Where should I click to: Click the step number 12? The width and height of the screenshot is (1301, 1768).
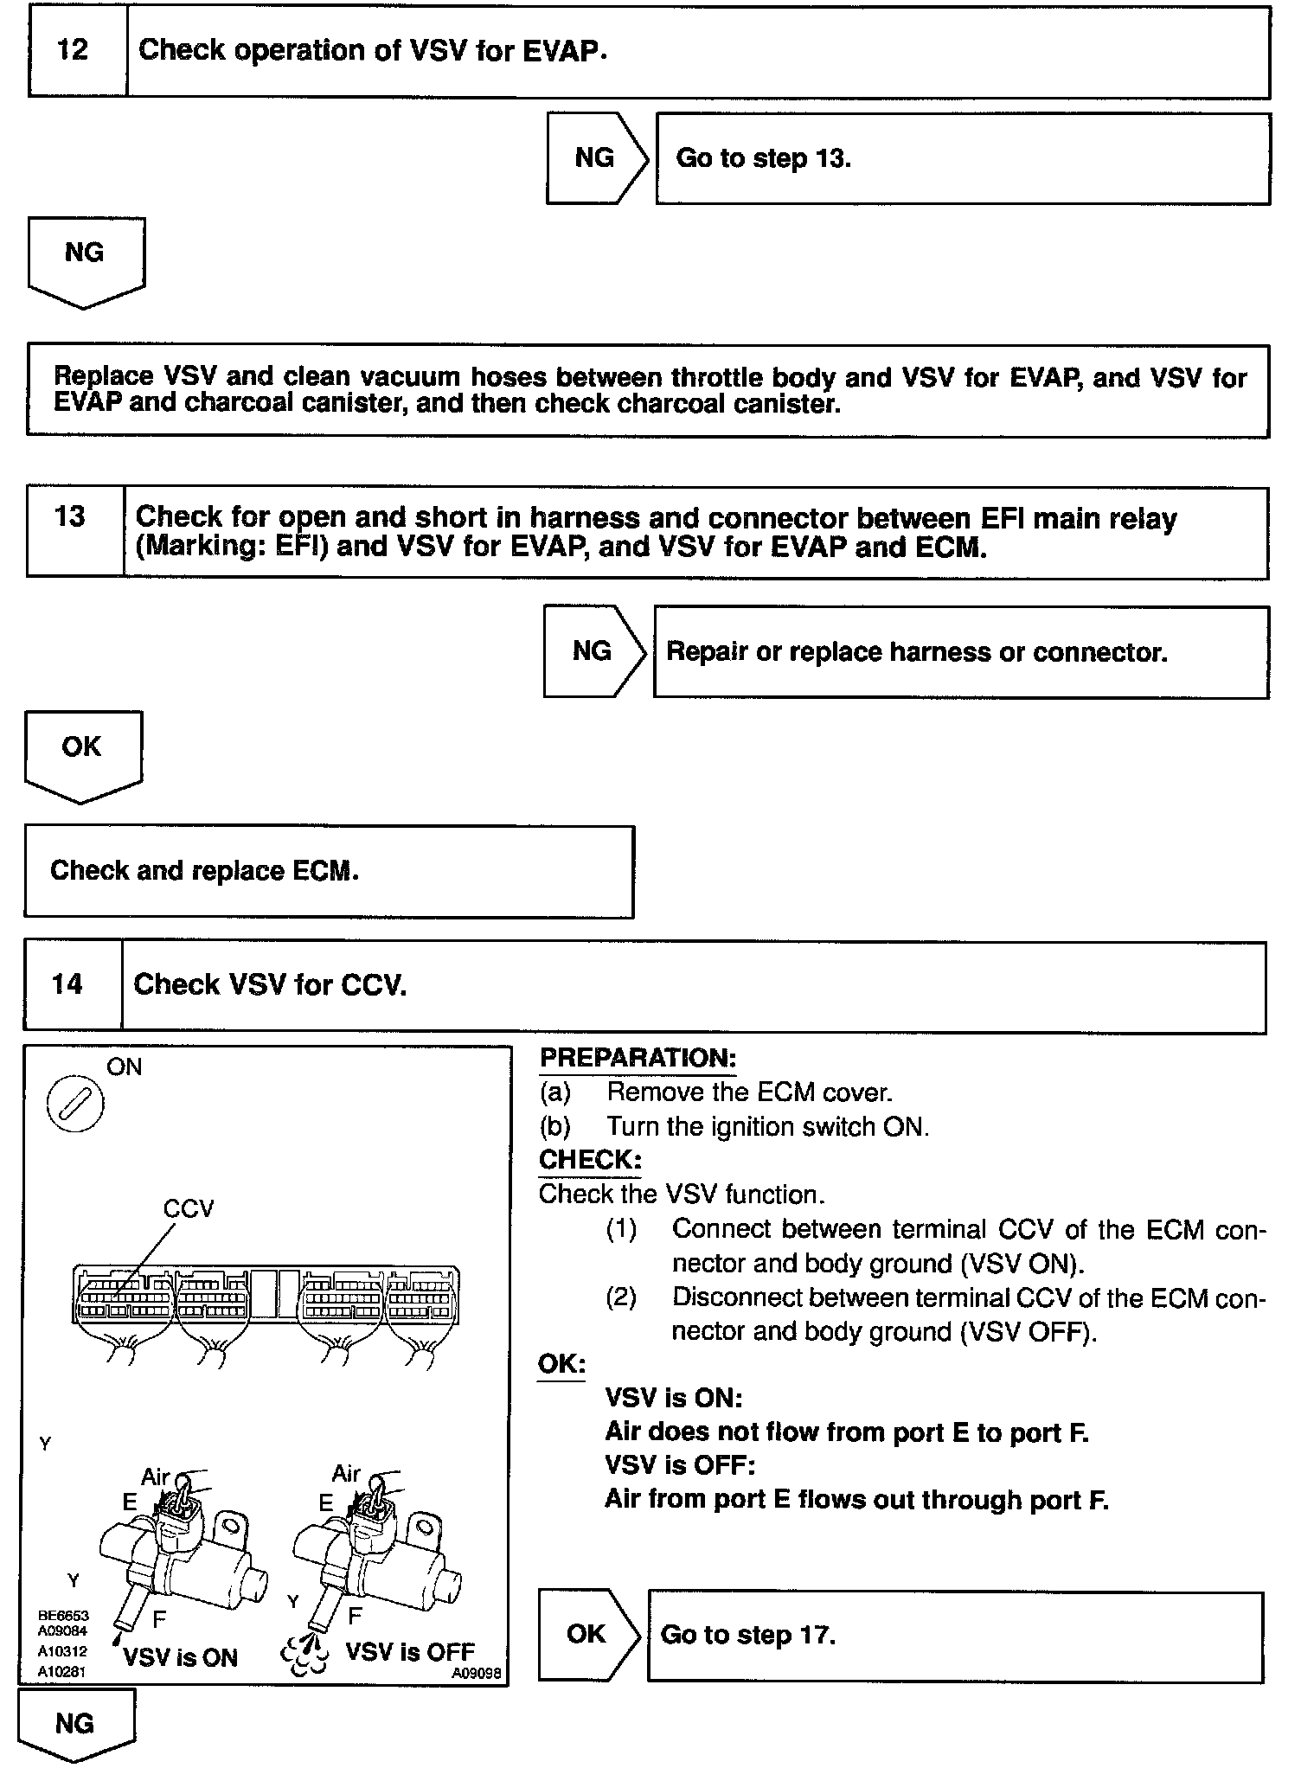pos(73,50)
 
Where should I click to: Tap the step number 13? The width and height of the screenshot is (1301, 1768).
pos(70,517)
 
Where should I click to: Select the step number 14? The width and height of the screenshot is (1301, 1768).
pos(67,984)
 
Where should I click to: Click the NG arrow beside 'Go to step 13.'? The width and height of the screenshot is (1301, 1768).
pos(596,158)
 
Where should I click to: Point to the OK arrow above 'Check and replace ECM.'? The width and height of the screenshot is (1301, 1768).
pos(82,753)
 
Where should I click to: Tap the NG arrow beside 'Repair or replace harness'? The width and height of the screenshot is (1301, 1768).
pos(593,651)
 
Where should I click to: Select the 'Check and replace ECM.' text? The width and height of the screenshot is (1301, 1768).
pos(204,870)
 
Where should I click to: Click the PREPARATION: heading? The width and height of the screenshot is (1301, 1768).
pos(638,1058)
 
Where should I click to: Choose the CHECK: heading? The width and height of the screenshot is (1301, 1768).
pos(590,1160)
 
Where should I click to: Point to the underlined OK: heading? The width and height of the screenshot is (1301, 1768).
pos(561,1364)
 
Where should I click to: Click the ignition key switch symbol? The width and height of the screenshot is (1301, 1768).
pos(75,1106)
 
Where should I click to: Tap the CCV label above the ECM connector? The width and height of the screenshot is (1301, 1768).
pos(189,1208)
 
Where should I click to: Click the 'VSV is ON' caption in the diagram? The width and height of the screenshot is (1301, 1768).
pos(180,1657)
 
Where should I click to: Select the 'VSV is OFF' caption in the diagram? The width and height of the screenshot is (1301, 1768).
pos(410,1651)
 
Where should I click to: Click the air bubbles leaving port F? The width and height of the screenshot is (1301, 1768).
pos(304,1652)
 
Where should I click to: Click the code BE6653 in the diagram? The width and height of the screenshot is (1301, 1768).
pos(63,1615)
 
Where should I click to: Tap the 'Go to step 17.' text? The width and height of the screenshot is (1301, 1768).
pos(748,1635)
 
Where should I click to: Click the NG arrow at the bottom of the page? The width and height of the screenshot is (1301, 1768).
pos(75,1724)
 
